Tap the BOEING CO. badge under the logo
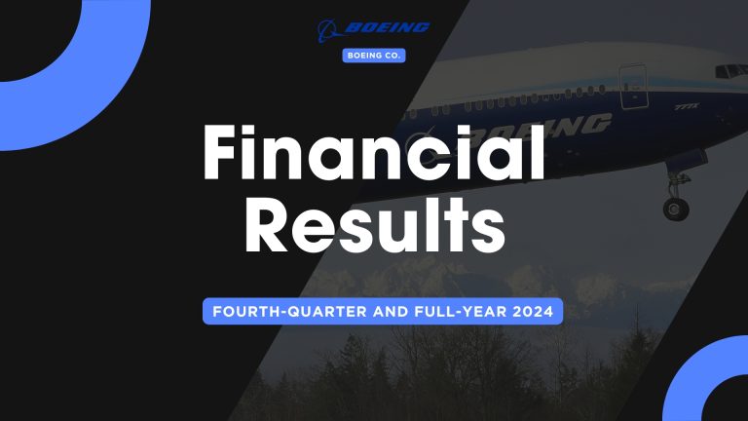pos(374,56)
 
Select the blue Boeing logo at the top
pos(374,28)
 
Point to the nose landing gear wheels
pos(675,208)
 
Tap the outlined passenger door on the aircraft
pos(633,86)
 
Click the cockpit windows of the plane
pos(729,72)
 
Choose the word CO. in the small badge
pos(390,56)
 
